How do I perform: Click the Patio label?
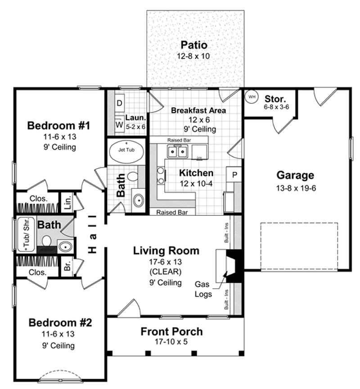click(x=194, y=45)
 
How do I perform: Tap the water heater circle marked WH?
click(x=252, y=97)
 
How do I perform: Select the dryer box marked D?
click(x=120, y=103)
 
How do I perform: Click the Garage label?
click(x=295, y=175)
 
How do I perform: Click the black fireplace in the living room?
click(x=234, y=265)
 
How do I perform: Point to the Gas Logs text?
click(x=204, y=289)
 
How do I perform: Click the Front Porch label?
click(x=171, y=332)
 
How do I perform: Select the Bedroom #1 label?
click(x=59, y=125)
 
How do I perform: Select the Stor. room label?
click(x=273, y=98)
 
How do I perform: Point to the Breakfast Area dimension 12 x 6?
click(x=193, y=120)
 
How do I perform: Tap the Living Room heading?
click(x=166, y=251)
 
